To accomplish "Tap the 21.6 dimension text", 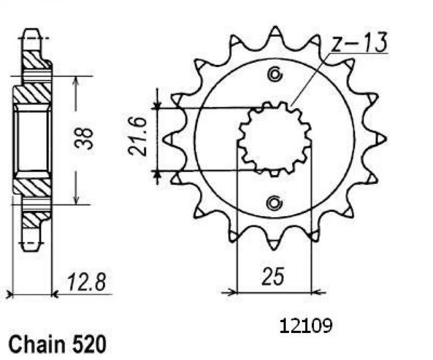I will pyautogui.click(x=137, y=137).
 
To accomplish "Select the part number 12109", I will pyautogui.click(x=306, y=325).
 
